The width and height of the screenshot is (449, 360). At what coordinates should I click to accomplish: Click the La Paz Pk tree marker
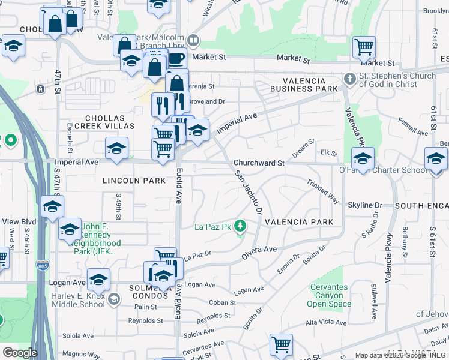click(x=240, y=226)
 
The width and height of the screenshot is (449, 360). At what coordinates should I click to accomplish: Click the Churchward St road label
click(x=259, y=163)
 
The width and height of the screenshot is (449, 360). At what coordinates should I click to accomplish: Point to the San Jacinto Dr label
click(x=248, y=192)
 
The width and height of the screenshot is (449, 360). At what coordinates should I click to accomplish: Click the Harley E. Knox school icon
click(x=113, y=298)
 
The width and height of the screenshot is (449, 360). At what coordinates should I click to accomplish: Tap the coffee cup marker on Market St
click(x=175, y=59)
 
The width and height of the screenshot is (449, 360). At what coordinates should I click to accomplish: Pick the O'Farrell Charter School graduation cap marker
click(x=363, y=158)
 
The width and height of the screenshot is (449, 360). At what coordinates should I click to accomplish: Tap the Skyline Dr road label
click(x=365, y=205)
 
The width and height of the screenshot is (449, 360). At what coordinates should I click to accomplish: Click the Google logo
click(x=19, y=353)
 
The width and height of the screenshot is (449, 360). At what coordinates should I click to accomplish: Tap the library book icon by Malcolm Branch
click(x=193, y=41)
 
